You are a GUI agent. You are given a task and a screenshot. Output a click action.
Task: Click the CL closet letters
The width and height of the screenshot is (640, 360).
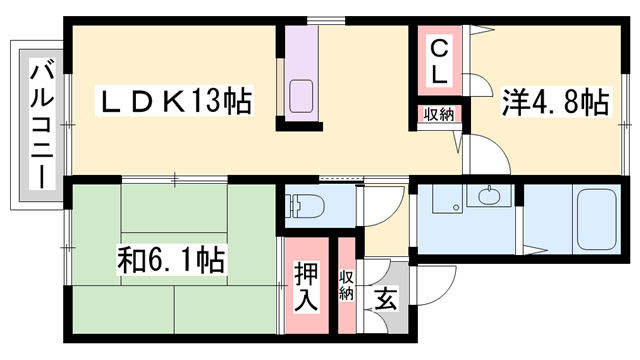coord(440,60)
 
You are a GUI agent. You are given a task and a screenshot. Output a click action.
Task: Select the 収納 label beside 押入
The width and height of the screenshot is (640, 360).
coord(346,285)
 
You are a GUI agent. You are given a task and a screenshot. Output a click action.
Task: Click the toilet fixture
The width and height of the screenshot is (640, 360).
coord(303,208)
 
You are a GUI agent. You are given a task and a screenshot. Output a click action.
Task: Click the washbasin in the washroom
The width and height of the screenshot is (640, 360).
coord(490,196)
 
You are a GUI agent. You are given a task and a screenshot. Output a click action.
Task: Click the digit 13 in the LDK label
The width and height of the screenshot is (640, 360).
coord(209,102)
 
